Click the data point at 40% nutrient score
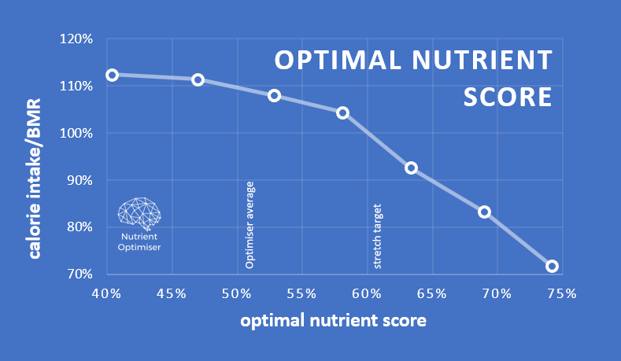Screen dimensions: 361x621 112,75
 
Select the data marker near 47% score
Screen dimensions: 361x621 198,79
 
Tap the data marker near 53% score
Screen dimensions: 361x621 275,95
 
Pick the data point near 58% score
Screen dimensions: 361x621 342,112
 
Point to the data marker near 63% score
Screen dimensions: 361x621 411,168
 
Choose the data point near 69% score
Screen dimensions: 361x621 484,212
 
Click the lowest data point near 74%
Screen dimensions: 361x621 552,266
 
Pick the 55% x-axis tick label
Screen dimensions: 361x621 301,294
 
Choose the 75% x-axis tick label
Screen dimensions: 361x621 562,294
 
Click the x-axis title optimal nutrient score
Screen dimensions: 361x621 334,321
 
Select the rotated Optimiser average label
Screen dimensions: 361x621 250,226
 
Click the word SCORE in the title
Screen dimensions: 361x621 507,97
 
